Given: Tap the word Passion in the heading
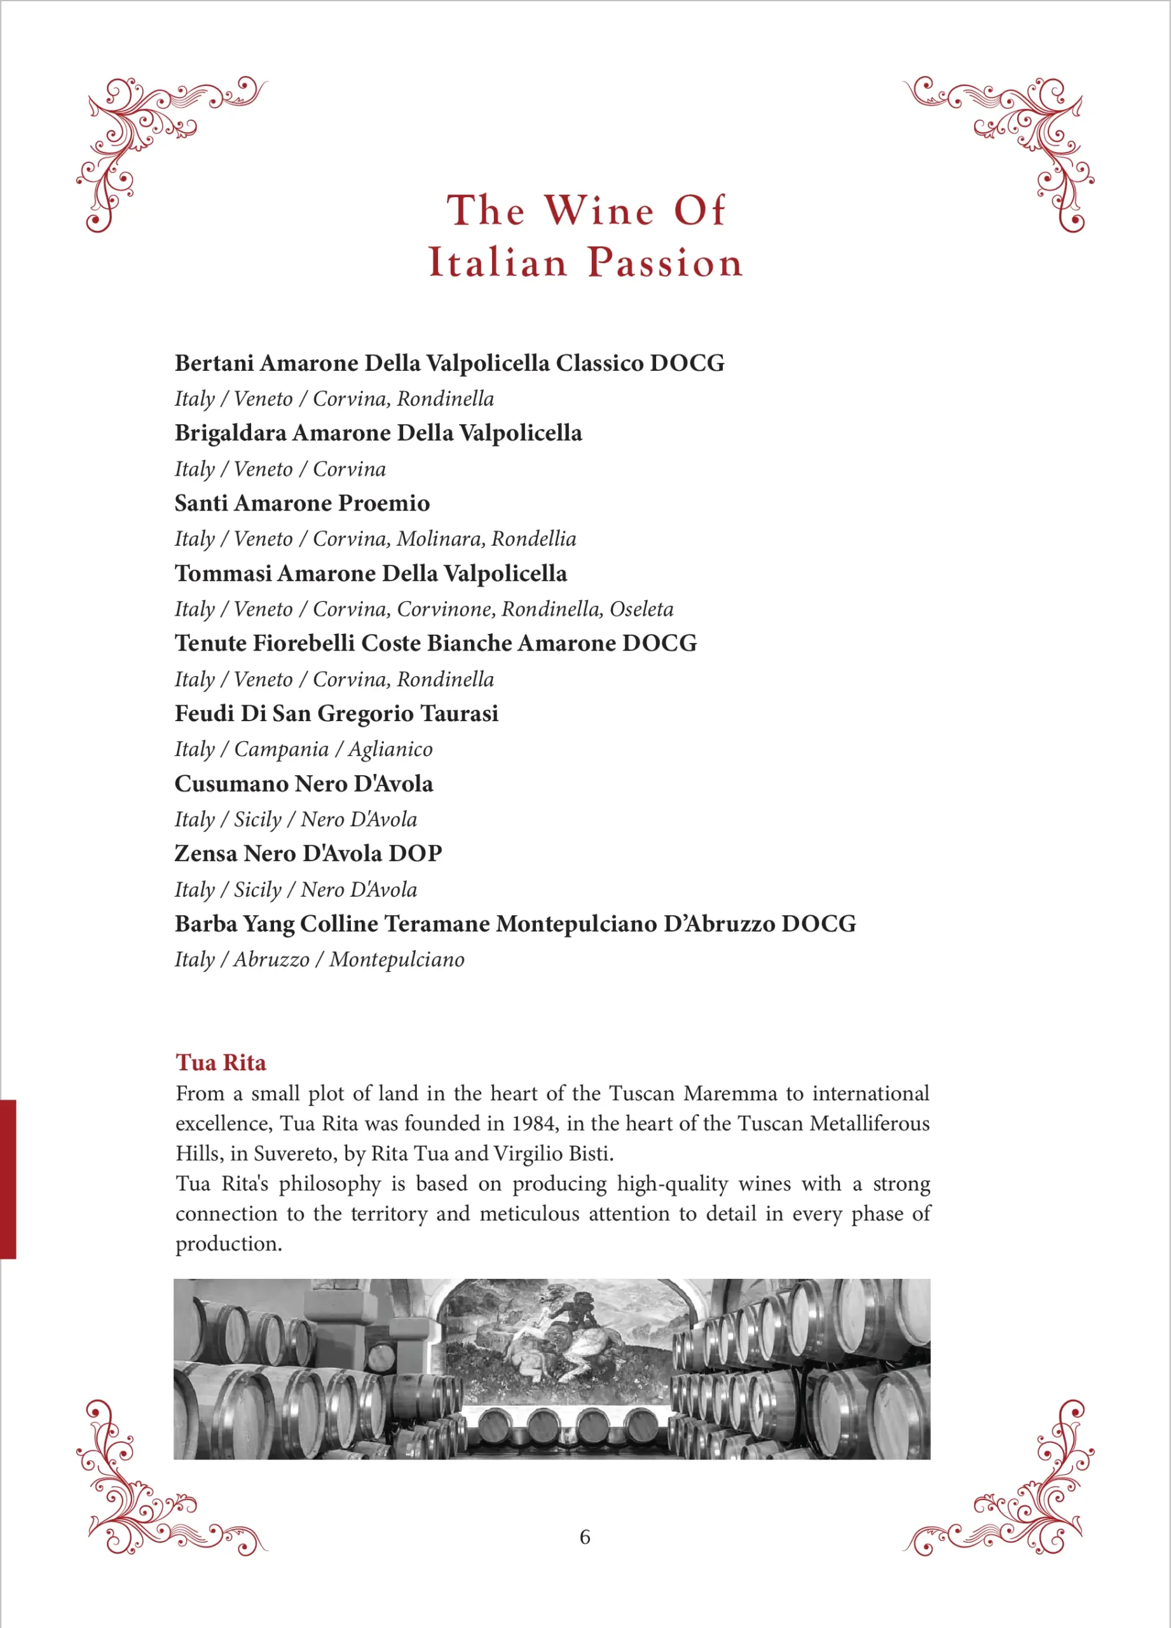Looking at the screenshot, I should pos(665,262).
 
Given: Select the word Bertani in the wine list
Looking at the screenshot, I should pos(214,363).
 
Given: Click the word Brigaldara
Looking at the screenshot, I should pos(230,433).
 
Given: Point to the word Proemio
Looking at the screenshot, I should pos(384,503).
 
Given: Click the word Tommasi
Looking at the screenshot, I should pos(223,574).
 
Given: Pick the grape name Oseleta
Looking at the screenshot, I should pos(641,609).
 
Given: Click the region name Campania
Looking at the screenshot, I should pos(281,749).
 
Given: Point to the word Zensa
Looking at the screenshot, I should pos(206,853).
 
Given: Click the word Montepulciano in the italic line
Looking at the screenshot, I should pos(397,960).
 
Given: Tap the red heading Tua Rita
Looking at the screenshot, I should pos(221,1063).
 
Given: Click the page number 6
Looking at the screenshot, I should pos(585,1537).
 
